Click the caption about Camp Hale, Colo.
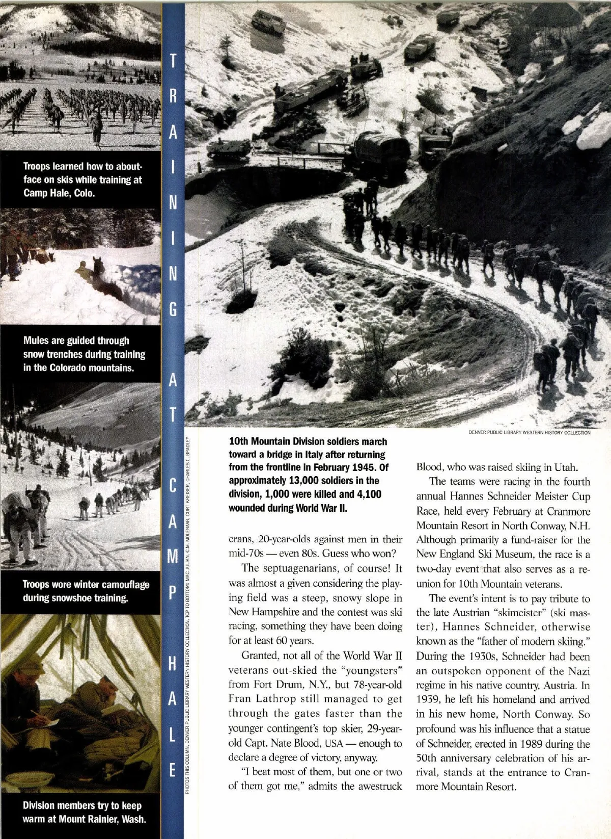click(82, 180)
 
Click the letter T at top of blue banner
click(173, 62)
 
